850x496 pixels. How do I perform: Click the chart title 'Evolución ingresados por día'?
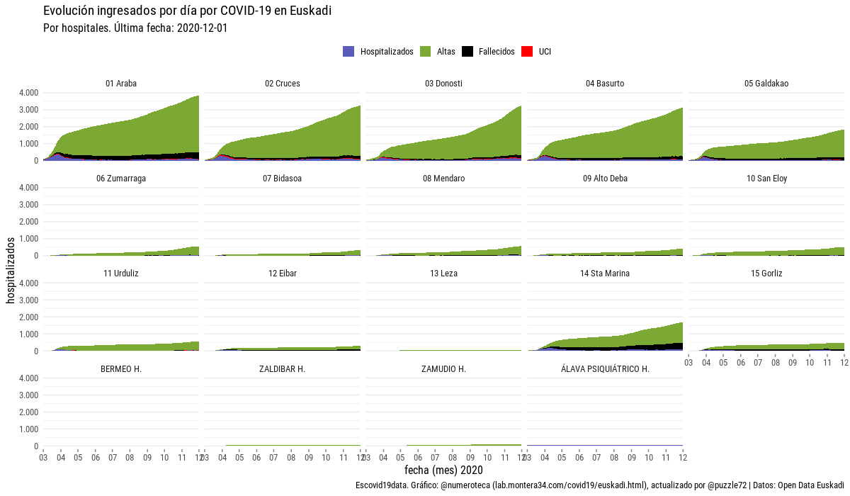[187, 11]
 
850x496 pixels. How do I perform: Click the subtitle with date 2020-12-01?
[135, 28]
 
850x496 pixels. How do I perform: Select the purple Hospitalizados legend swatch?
[348, 52]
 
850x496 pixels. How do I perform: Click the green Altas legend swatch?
[426, 52]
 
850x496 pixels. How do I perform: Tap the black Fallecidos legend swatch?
[467, 52]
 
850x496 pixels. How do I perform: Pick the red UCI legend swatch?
[527, 52]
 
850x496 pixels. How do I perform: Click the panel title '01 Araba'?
[121, 84]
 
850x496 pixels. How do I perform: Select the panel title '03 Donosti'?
[443, 84]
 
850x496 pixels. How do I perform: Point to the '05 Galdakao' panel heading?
[766, 84]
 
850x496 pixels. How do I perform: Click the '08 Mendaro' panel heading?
[443, 179]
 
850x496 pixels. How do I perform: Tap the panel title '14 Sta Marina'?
[605, 274]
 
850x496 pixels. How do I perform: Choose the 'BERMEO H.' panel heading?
[121, 369]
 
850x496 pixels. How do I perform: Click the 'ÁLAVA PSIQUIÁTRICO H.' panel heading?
[605, 369]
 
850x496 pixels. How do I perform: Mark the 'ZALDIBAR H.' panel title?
[282, 369]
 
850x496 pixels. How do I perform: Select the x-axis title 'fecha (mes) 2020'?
[443, 470]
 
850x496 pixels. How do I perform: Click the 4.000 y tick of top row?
[27, 93]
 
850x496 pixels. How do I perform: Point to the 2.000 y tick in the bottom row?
[27, 412]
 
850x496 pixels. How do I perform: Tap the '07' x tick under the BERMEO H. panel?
[113, 458]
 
